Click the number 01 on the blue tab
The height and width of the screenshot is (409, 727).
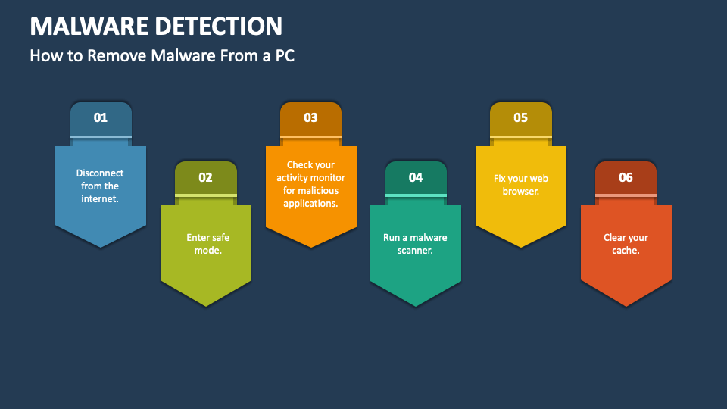click(101, 117)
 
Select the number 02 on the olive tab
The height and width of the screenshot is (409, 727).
click(205, 177)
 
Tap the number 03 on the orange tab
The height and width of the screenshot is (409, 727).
click(310, 117)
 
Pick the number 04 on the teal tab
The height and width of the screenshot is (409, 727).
click(416, 177)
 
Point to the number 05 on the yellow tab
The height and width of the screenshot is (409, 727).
click(520, 117)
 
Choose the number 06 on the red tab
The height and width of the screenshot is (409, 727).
click(626, 177)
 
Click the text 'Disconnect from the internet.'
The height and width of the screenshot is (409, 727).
click(100, 186)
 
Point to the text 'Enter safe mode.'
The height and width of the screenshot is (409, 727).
click(206, 244)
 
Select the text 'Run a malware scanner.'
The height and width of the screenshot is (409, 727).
click(415, 244)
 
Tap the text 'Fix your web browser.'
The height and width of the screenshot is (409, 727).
click(520, 185)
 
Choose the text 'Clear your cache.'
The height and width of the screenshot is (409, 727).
click(626, 244)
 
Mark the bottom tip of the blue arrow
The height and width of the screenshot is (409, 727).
click(101, 246)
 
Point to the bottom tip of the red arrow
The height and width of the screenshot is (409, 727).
click(626, 305)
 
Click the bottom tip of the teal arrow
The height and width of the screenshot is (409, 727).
click(416, 305)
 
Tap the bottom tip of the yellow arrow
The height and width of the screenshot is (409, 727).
click(521, 246)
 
